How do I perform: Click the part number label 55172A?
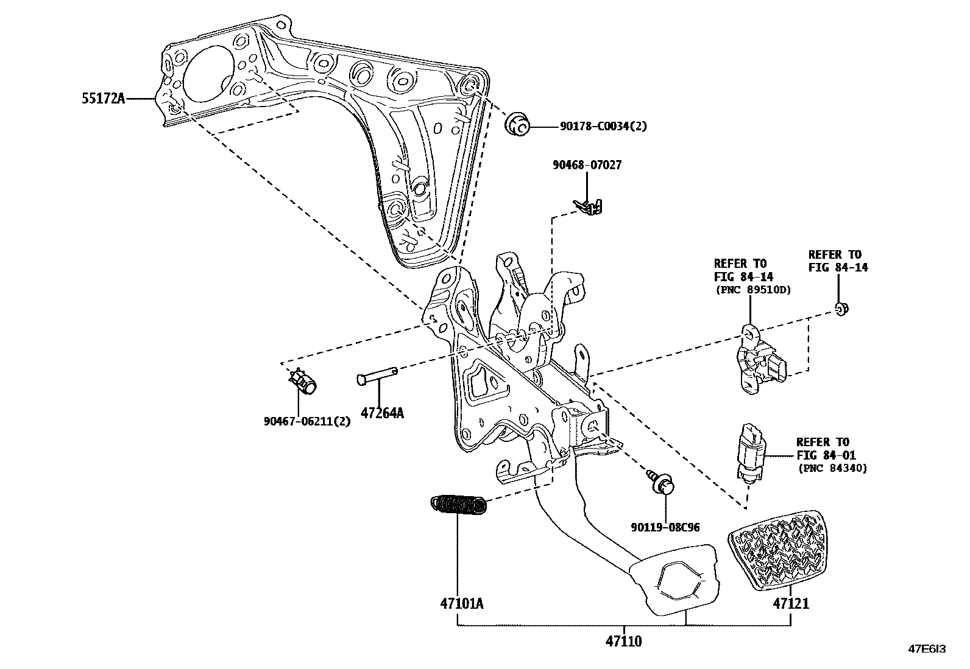click(104, 98)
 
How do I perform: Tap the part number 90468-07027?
click(587, 165)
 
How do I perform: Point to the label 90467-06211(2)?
click(307, 421)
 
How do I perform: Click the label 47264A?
click(382, 413)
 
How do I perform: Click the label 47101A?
click(461, 603)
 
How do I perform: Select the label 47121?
click(791, 603)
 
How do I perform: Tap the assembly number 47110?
click(623, 641)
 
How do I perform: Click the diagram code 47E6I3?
click(927, 649)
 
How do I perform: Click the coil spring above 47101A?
click(459, 505)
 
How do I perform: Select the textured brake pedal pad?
click(774, 551)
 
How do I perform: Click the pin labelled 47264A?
click(377, 376)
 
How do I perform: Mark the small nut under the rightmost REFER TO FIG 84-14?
click(841, 309)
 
